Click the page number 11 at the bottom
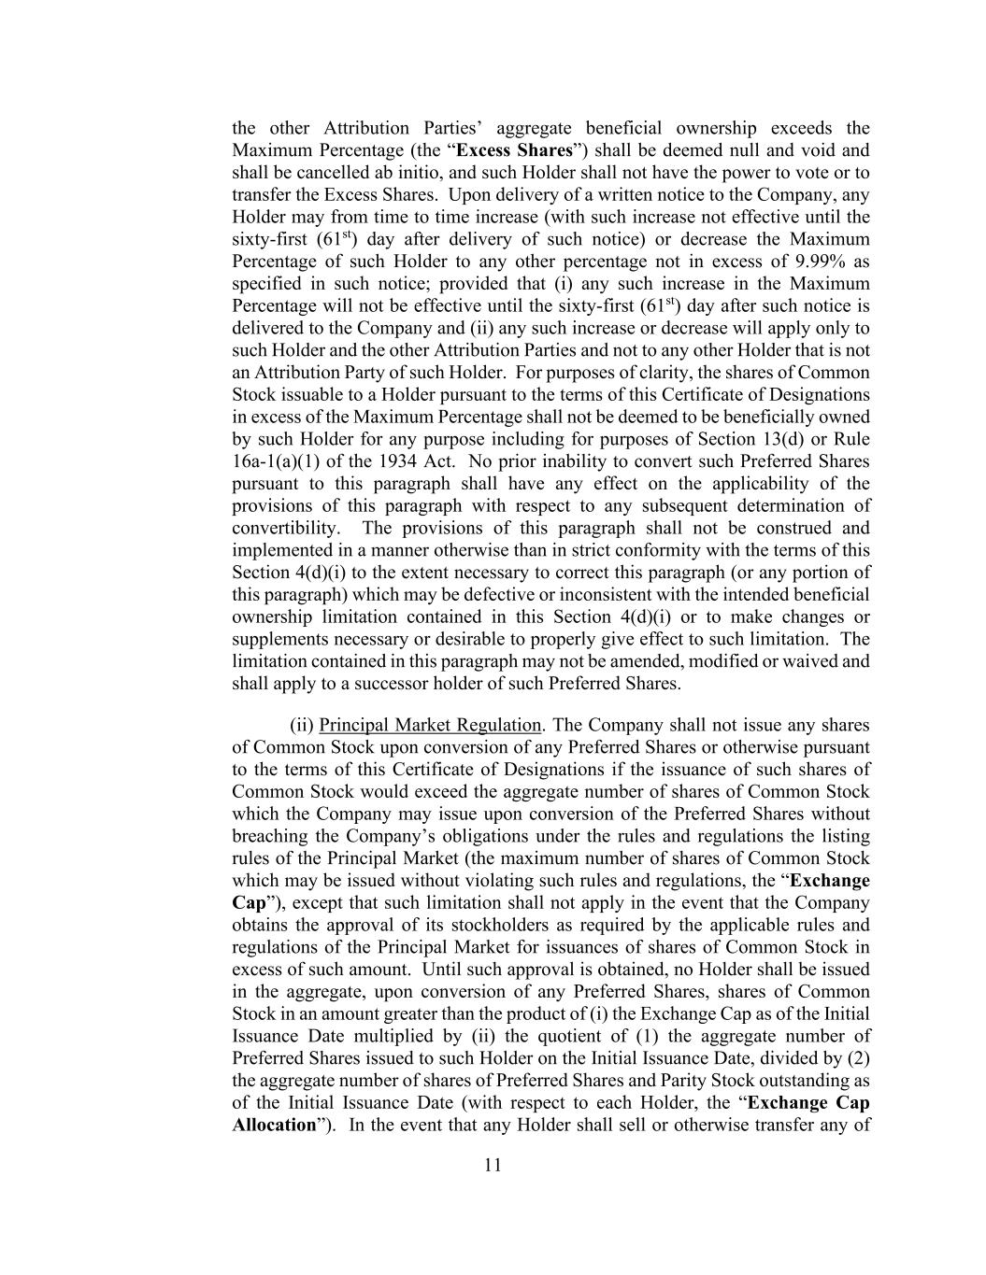tap(493, 1165)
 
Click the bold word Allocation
tap(274, 1125)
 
